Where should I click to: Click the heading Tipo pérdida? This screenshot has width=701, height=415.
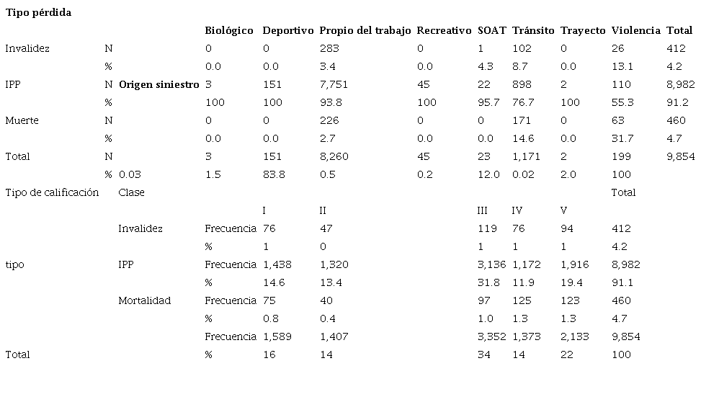click(38, 13)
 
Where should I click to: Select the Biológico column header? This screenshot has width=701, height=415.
click(229, 30)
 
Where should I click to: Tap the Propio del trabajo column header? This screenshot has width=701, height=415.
click(365, 30)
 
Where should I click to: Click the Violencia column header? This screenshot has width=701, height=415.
click(635, 30)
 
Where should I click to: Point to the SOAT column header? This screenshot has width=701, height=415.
click(491, 30)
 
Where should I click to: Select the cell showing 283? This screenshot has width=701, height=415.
click(329, 48)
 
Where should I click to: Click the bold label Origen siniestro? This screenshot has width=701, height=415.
click(158, 84)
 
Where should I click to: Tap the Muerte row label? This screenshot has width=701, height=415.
click(22, 120)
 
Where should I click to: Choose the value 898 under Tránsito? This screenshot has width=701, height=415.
click(522, 84)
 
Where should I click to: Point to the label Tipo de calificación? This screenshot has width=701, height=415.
click(52, 192)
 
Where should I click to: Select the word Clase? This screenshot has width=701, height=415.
click(131, 192)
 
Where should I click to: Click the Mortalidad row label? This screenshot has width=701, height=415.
click(144, 300)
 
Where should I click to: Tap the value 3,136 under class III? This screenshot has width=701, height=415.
click(492, 264)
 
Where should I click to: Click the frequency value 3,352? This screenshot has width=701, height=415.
click(492, 336)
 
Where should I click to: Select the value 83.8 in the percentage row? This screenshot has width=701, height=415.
click(330, 174)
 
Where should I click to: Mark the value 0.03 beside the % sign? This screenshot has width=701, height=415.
click(129, 174)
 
